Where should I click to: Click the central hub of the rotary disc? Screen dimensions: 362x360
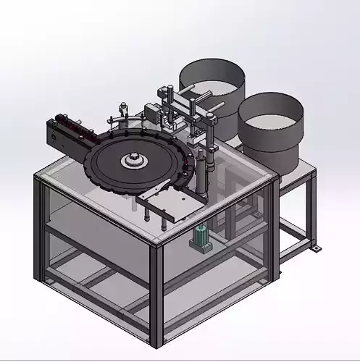135,159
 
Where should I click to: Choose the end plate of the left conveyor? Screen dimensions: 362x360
51,134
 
